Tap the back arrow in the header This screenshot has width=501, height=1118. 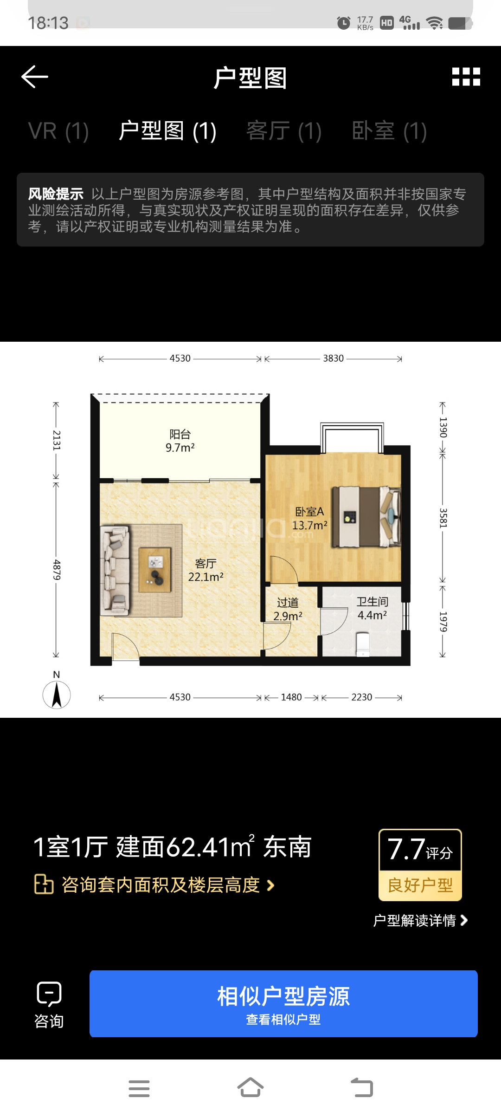(x=35, y=77)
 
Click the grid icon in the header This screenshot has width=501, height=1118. (x=466, y=77)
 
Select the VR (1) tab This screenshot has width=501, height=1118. (x=58, y=131)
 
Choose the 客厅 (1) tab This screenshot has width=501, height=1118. (x=284, y=131)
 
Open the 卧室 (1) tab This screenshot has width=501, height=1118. (x=389, y=131)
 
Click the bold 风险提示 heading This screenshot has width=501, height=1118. (x=56, y=194)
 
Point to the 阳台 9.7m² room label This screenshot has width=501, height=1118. (x=180, y=441)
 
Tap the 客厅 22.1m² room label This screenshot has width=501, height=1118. (x=206, y=570)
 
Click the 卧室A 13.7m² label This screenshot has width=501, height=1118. (x=309, y=519)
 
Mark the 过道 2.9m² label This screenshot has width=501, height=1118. (x=288, y=609)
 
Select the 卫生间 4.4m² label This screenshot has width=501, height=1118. (x=372, y=608)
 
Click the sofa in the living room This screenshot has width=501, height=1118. (x=115, y=570)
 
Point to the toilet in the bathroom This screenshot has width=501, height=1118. (x=363, y=644)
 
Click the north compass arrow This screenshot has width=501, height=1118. (x=57, y=695)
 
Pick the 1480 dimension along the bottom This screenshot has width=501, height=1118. (x=291, y=697)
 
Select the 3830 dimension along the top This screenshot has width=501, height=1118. (x=333, y=358)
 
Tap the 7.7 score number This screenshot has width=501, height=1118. (x=406, y=849)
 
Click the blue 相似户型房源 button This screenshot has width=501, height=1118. (x=283, y=1003)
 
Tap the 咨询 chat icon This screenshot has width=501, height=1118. (x=49, y=994)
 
